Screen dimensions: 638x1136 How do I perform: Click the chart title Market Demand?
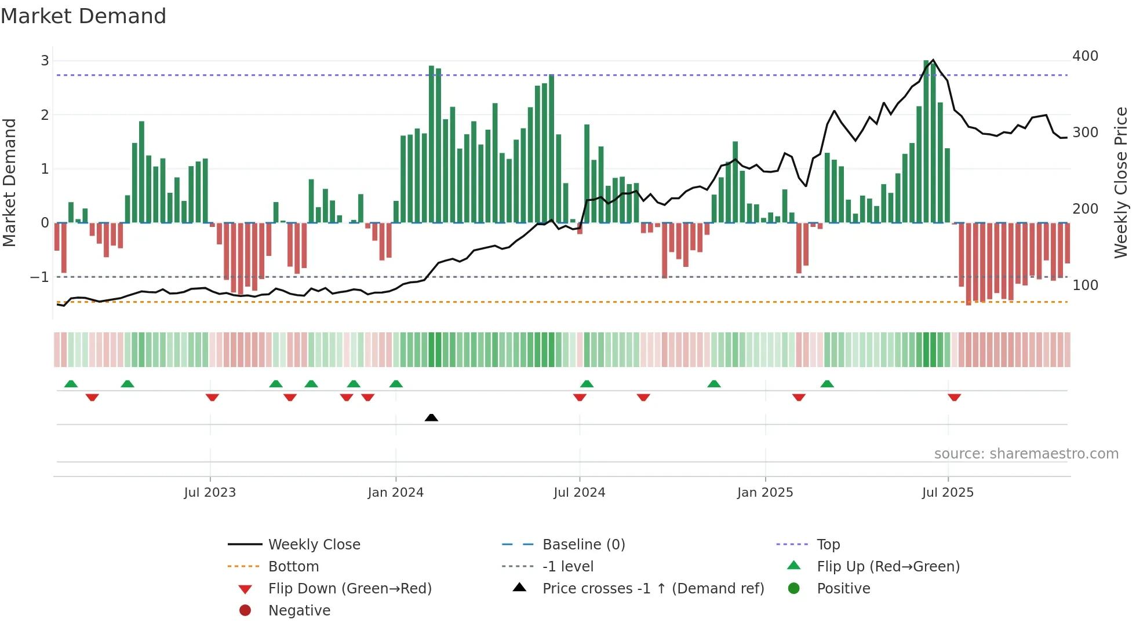(83, 16)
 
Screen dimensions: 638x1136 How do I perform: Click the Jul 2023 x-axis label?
(210, 493)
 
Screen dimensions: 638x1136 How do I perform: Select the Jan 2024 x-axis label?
(395, 493)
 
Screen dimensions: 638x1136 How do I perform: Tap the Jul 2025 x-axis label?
(948, 493)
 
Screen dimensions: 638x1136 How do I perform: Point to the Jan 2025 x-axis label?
(765, 493)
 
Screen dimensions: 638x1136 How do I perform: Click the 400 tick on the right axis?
(1085, 56)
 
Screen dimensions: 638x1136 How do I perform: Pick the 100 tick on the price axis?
(1085, 285)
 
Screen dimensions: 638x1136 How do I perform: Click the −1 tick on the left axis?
(39, 277)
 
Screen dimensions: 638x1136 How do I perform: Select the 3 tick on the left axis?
(45, 61)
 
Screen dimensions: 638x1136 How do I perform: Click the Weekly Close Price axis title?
(1121, 182)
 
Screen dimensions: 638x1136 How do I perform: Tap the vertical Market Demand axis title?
(9, 182)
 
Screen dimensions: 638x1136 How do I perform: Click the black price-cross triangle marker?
(431, 417)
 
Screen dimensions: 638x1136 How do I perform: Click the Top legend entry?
(828, 545)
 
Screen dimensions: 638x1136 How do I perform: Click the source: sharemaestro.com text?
(1026, 454)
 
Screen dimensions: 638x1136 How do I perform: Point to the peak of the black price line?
(933, 60)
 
